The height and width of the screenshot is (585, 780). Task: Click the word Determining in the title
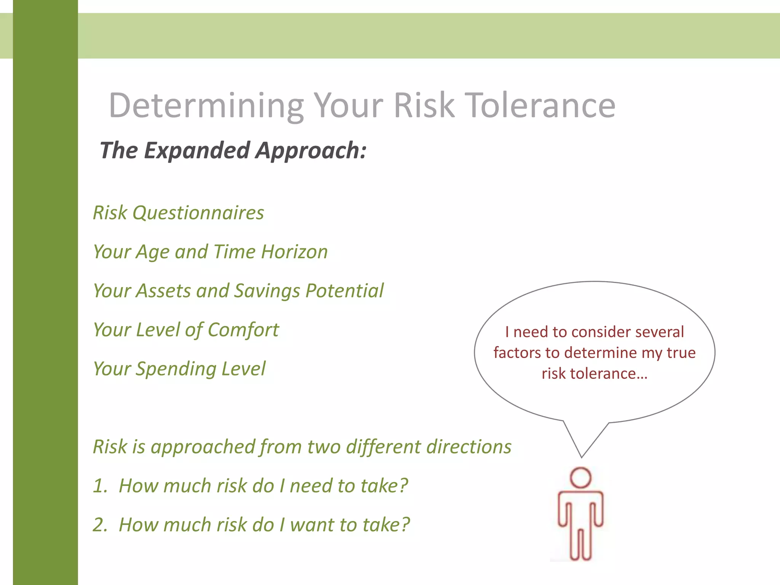206,105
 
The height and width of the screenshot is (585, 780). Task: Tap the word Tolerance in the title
541,105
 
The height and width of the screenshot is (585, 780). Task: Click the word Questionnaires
198,213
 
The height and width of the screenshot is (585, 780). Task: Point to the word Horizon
294,252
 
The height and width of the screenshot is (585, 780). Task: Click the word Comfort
243,330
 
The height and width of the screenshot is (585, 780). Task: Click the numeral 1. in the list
100,486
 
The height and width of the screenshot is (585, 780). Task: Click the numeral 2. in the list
100,525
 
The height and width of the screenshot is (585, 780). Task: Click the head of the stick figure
580,478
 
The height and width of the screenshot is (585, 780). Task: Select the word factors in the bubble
517,353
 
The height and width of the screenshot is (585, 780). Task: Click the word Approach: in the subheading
311,150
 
